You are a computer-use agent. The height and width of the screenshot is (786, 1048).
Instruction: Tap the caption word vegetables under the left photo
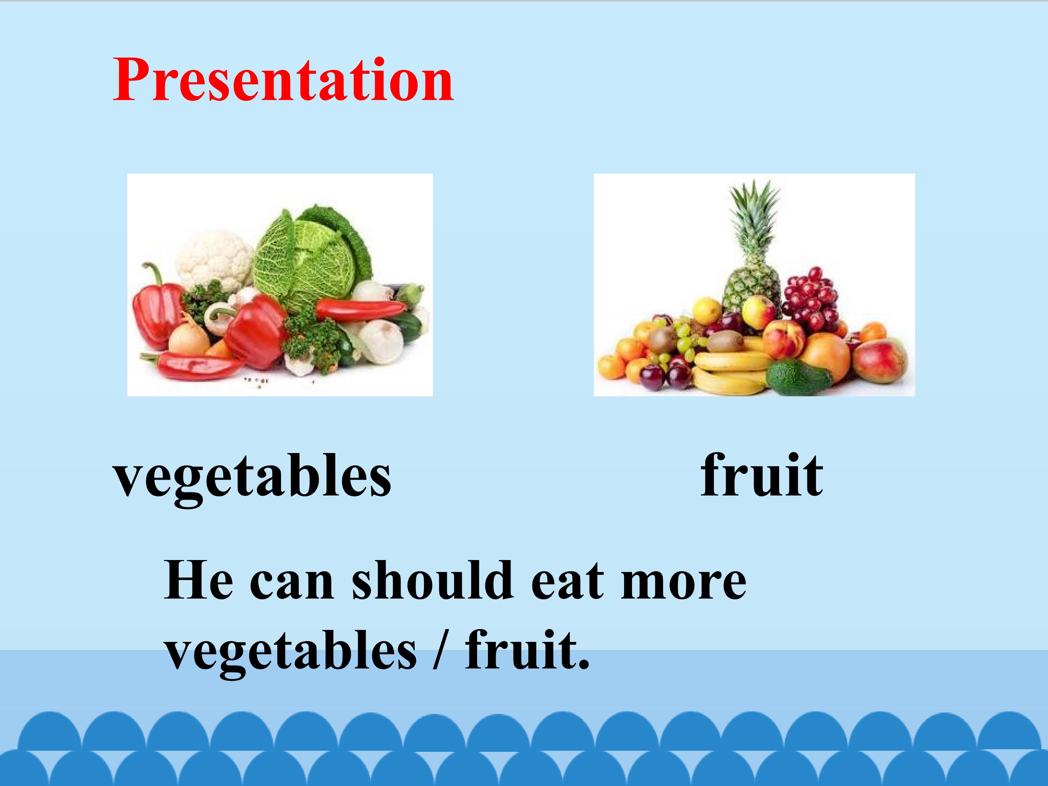point(252,476)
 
